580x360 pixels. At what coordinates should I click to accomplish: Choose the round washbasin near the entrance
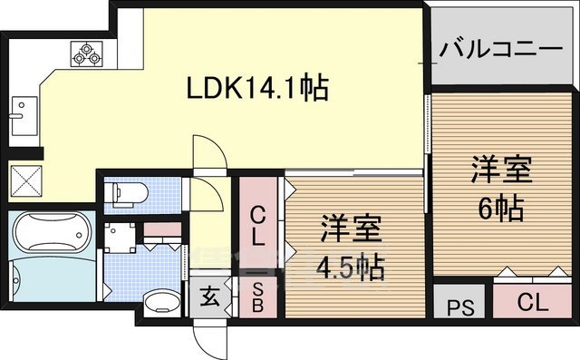coord(161,300)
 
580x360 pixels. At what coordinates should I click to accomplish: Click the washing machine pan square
coord(119,238)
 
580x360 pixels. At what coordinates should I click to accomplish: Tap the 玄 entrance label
coord(208,297)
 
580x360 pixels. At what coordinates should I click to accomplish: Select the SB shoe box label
coord(258,296)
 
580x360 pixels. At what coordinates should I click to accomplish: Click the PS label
coord(461,306)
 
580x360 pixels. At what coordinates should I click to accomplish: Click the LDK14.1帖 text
coord(256,89)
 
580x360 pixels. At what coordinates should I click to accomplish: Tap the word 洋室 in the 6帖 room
coord(500,170)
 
